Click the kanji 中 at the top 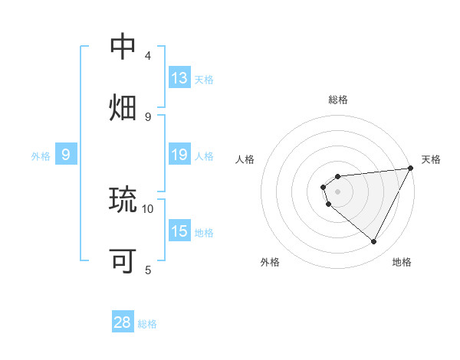pos(123,47)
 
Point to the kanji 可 pos(123,261)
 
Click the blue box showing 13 pos(179,78)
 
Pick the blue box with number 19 pos(179,155)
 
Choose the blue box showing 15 pos(179,231)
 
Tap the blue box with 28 pos(123,322)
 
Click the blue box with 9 pos(66,155)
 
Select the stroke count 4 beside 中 pos(148,56)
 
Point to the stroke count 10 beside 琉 pos(148,208)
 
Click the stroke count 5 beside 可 pos(148,270)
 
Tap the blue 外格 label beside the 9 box pos(41,156)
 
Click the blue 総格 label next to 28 pos(147,324)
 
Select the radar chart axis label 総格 pos(338,100)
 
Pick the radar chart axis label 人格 pos(245,159)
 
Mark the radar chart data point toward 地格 pos(374,241)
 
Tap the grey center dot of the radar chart pos(337,191)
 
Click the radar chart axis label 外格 pos(270,263)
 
